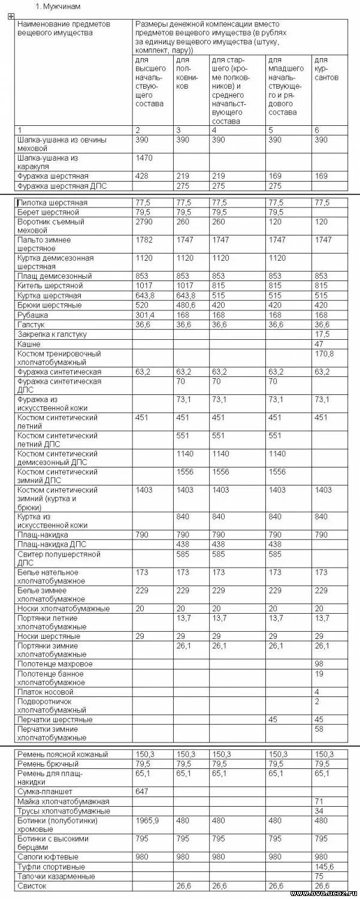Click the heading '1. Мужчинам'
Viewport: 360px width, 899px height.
click(x=58, y=6)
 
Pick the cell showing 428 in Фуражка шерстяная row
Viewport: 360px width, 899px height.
click(x=141, y=176)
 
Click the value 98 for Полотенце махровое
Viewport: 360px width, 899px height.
click(x=319, y=664)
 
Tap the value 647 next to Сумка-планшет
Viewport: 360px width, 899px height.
click(x=141, y=792)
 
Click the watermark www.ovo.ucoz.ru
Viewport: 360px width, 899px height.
click(x=323, y=893)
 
